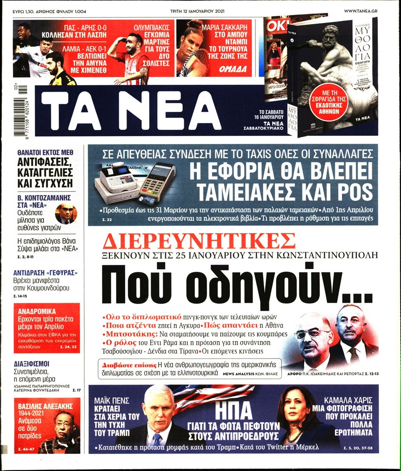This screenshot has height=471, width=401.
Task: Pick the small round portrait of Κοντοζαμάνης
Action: click(65, 214)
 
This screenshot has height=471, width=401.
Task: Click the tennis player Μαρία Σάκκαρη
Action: click(192, 47)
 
